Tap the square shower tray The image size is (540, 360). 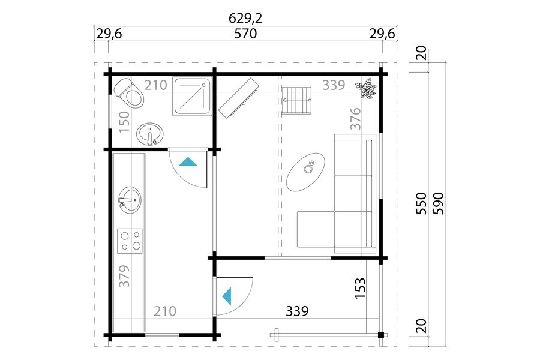click(x=192, y=97)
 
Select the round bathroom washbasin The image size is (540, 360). click(x=150, y=134)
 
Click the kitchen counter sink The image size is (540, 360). click(x=130, y=200)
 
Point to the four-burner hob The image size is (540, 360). click(x=130, y=241)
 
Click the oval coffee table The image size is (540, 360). click(x=306, y=172)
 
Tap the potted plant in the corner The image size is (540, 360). click(x=366, y=88)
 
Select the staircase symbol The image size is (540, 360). click(x=296, y=100)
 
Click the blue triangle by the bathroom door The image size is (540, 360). click(x=188, y=161)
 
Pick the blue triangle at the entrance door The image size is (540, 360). click(x=227, y=296)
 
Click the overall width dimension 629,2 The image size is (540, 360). click(x=245, y=18)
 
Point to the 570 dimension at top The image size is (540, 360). click(x=245, y=34)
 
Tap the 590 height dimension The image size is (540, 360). click(x=440, y=203)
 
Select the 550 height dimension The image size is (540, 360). click(x=421, y=203)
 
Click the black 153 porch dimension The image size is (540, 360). click(x=360, y=288)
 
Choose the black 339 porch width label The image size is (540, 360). click(x=297, y=311)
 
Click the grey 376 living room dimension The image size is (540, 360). click(x=355, y=119)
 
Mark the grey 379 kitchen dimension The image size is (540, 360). click(x=124, y=275)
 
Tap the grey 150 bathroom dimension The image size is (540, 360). click(x=124, y=122)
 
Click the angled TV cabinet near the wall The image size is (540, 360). click(x=239, y=98)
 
